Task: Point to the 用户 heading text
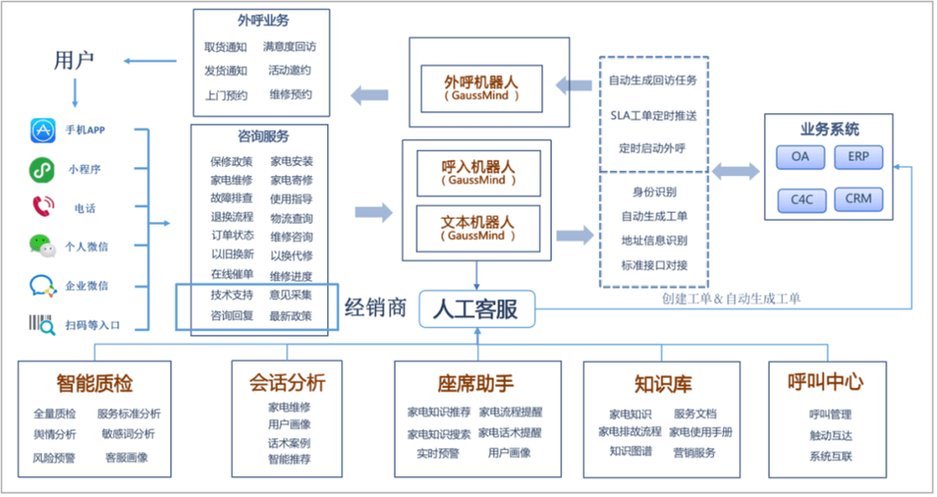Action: coord(74,61)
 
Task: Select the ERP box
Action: coord(858,157)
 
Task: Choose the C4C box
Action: coord(801,199)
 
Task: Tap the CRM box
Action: coord(858,199)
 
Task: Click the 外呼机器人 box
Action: coord(482,88)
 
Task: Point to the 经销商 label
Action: coord(376,307)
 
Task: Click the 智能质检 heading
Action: coord(94,384)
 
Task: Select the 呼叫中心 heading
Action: coord(825,382)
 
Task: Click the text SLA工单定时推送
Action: coord(654,115)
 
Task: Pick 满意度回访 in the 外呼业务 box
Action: coord(289,47)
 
